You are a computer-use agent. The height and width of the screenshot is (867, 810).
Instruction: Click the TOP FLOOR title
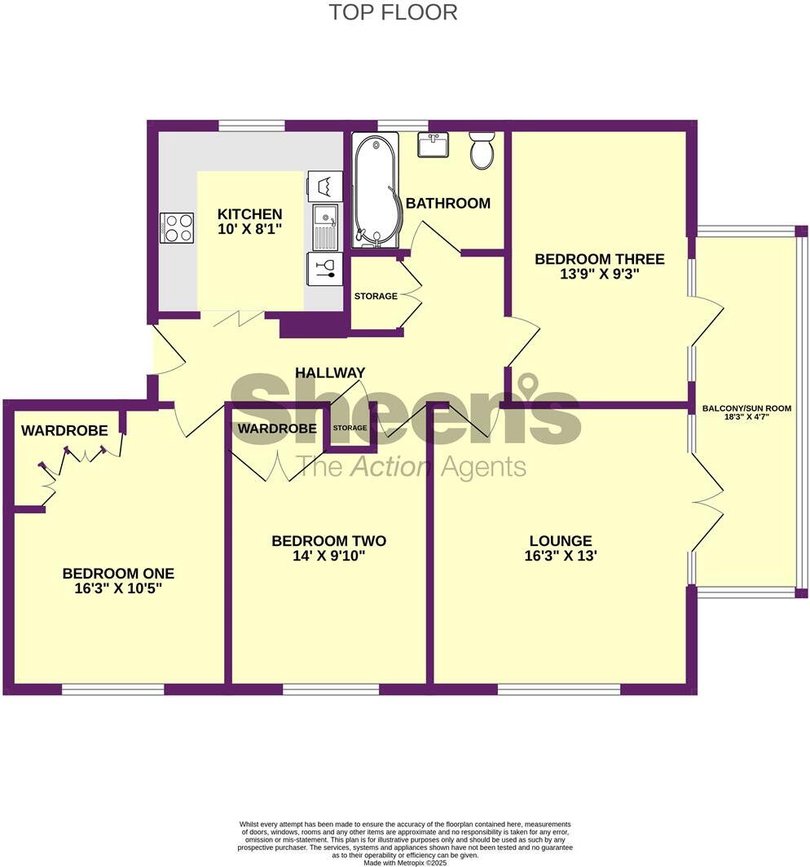(393, 13)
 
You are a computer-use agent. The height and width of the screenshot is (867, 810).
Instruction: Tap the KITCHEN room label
(249, 214)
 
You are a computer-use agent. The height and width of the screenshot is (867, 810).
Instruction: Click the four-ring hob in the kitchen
(178, 227)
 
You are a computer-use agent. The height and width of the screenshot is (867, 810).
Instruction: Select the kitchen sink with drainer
(325, 227)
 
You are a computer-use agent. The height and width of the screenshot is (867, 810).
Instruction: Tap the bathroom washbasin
(433, 145)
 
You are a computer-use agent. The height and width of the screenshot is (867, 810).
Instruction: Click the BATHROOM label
(448, 203)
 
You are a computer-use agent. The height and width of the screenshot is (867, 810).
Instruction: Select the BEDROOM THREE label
(599, 259)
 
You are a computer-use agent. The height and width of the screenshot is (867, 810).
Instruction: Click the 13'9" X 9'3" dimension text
(599, 275)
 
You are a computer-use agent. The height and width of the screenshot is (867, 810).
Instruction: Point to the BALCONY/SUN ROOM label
(746, 408)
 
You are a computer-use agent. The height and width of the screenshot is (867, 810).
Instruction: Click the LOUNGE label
(561, 540)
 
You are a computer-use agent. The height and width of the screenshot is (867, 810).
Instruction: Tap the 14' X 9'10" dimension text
(328, 557)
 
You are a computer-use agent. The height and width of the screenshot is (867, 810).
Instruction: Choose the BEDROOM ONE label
(118, 573)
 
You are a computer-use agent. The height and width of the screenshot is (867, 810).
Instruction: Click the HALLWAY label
(330, 372)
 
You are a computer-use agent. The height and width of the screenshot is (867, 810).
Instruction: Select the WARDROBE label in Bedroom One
(64, 430)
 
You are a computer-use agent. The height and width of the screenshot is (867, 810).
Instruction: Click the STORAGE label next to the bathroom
(376, 296)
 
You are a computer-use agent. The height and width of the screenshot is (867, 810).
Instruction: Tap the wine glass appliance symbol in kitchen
(325, 269)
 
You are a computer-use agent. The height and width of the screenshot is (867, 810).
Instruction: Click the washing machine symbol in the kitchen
(324, 186)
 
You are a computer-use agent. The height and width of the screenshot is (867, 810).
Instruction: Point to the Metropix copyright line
(405, 862)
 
